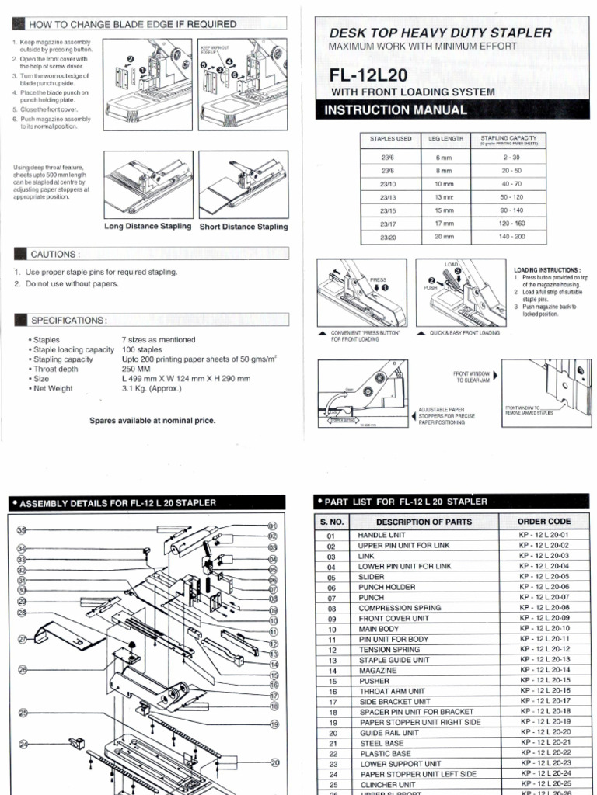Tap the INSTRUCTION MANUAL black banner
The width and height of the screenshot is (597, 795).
pos(396,109)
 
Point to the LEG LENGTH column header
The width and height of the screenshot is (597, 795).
pos(445,139)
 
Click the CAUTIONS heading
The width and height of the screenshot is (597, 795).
pos(54,254)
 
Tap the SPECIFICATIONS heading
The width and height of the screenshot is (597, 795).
pos(68,320)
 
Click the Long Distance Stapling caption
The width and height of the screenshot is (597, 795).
pos(148,226)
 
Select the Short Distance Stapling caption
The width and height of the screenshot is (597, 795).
pos(243,227)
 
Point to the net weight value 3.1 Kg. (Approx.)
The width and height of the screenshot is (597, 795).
pos(152,388)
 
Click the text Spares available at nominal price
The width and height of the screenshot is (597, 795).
pos(152,420)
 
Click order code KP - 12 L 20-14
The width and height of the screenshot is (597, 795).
pos(544,669)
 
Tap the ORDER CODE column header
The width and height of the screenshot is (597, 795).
pos(543,522)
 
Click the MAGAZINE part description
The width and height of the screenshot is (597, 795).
pos(377,670)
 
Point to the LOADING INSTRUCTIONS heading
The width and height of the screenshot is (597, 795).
pos(547,269)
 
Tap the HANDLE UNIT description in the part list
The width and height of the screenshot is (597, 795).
pos(381,536)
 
